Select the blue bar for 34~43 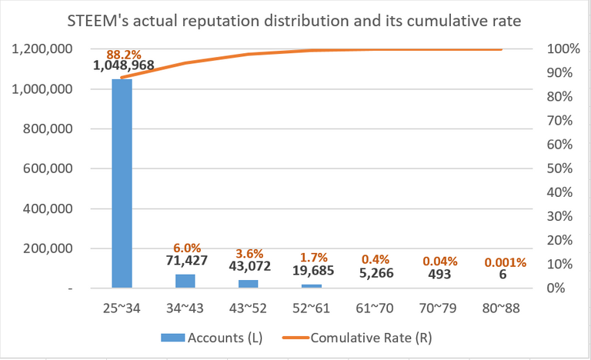185,281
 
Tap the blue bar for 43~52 248,284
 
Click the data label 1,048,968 124,66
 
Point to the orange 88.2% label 122,54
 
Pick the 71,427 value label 185,262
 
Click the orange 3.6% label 249,254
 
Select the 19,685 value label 312,269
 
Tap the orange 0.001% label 505,262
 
